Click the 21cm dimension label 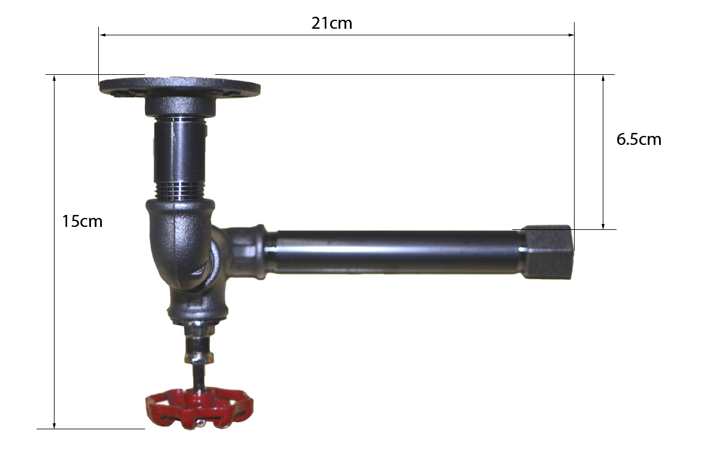pyautogui.click(x=331, y=23)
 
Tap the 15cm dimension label pyautogui.click(x=82, y=222)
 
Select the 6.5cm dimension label pyautogui.click(x=639, y=140)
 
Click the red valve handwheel pyautogui.click(x=199, y=408)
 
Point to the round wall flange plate pyautogui.click(x=180, y=87)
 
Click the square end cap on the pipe pyautogui.click(x=546, y=252)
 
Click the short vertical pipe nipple pyautogui.click(x=180, y=157)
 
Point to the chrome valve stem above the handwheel pyautogui.click(x=199, y=356)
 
